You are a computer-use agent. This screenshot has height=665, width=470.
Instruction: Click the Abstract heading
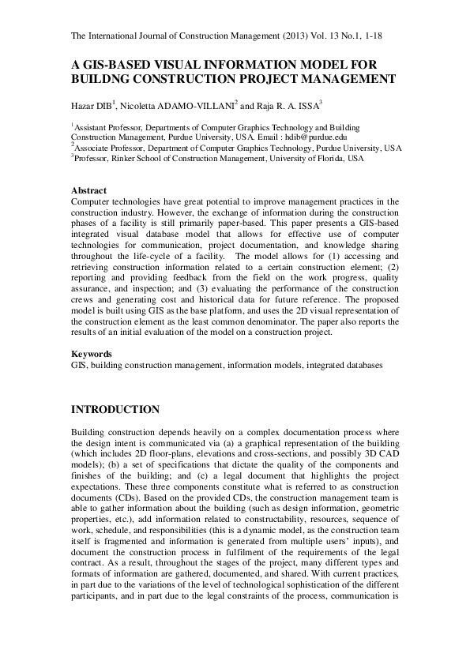89,191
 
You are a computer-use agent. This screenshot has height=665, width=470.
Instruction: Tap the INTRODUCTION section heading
115,410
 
